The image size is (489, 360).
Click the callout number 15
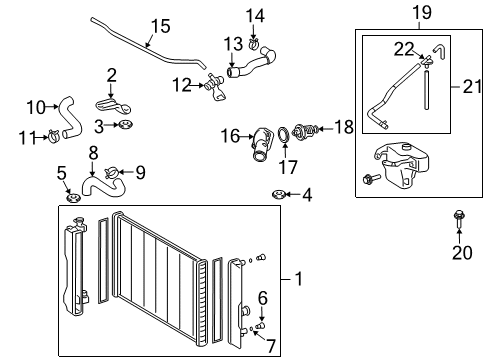click(x=161, y=26)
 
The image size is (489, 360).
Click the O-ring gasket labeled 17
click(x=286, y=133)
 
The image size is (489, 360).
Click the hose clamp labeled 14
click(x=254, y=42)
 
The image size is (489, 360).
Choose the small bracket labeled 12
click(x=212, y=87)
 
